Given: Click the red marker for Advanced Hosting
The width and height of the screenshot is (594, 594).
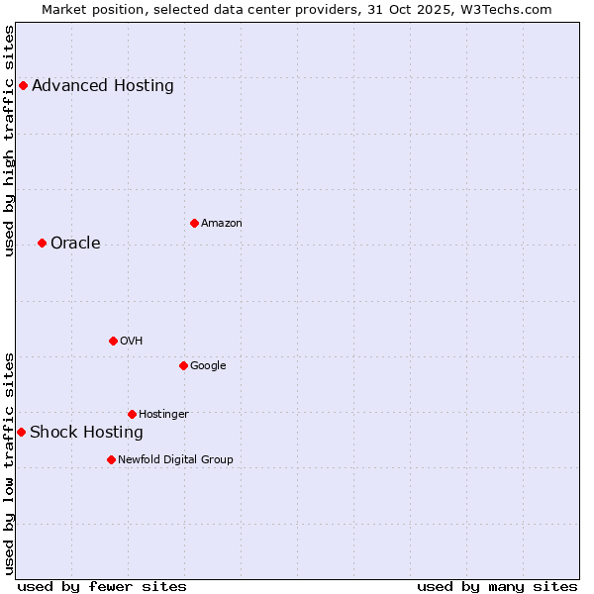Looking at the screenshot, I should coord(23,85).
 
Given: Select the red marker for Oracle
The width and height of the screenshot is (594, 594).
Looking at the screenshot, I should coord(42,243).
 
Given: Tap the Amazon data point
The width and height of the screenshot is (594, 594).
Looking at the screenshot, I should coord(194,223).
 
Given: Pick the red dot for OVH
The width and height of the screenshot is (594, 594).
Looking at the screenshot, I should coord(113,341).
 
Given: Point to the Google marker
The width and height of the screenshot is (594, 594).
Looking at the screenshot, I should coord(183,365).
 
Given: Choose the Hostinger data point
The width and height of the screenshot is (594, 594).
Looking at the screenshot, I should coord(132,414).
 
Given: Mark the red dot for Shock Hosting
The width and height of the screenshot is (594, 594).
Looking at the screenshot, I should coord(21,432).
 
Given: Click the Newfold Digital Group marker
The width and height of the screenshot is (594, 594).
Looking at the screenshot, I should coord(111,459).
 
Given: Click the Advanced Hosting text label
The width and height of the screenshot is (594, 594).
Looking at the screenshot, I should coord(103,85).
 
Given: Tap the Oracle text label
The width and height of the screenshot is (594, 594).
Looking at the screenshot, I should coord(75,243).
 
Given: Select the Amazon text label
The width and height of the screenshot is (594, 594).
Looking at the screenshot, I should coord(222,223).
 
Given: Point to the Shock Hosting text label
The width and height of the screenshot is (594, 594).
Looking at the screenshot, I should coord(86,432).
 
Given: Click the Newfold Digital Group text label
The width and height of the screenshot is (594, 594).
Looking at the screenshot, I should coord(175,459).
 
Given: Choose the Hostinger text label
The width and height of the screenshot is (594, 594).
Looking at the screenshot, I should coord(163,414).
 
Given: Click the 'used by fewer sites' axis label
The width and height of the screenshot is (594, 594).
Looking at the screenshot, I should coord(102,586).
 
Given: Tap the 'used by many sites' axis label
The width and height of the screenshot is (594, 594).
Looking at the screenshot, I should coord(497,586).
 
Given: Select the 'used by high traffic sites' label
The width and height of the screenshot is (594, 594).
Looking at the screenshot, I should coord(10,141).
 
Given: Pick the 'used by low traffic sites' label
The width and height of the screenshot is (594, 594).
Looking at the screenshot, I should coord(10,463).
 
